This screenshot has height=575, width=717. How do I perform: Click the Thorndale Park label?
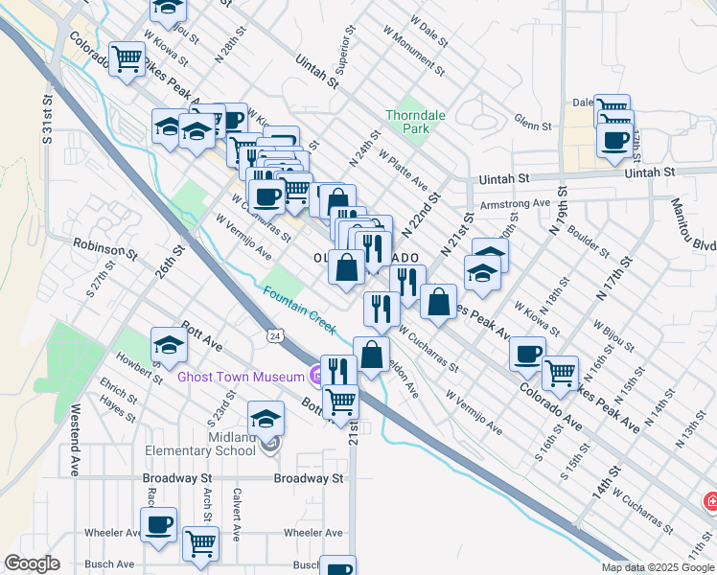click(x=415, y=122)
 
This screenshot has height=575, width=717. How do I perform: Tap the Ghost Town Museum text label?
click(x=240, y=377)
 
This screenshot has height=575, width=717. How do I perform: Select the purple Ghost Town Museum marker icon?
click(x=313, y=376)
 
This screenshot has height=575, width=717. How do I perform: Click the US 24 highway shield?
click(x=275, y=337)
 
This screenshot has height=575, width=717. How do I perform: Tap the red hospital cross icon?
click(x=710, y=501)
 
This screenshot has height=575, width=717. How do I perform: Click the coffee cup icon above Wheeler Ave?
click(x=158, y=524)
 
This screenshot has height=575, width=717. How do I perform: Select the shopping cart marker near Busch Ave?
click(x=200, y=543)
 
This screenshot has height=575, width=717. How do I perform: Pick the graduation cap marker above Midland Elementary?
click(x=266, y=418)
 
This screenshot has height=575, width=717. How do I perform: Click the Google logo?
click(x=33, y=563)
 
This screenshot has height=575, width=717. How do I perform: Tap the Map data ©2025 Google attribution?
click(x=658, y=567)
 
